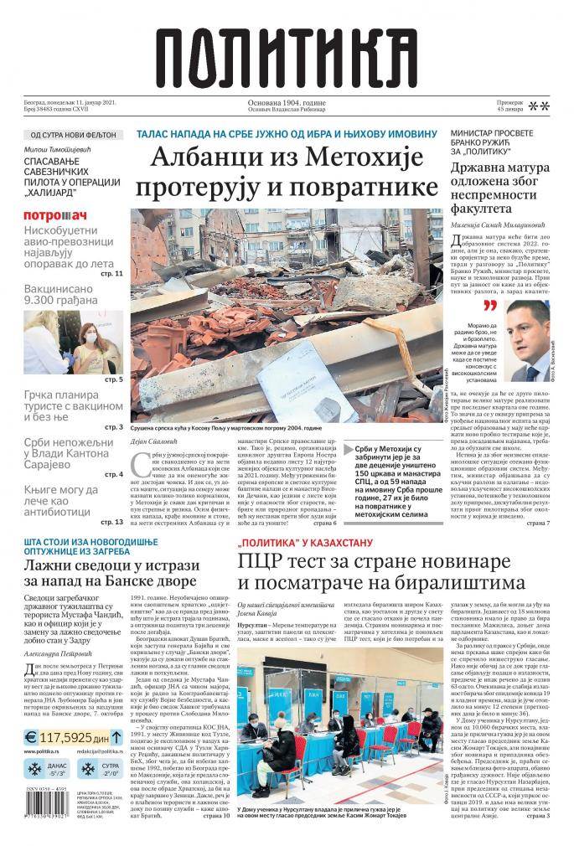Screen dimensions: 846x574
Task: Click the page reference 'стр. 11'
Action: coord(112,274)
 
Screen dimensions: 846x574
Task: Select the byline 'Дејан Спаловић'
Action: coord(157,444)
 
